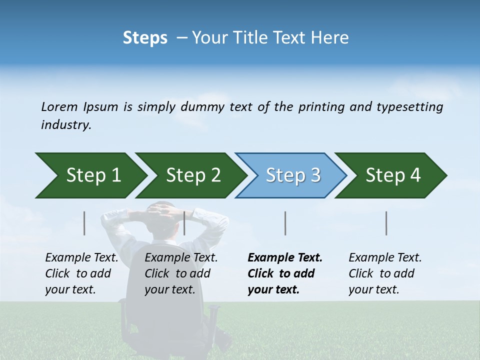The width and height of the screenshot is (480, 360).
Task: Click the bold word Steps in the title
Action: click(145, 38)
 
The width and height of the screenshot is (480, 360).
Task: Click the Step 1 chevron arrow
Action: click(90, 175)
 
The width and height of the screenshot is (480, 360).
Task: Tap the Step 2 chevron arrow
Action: click(190, 175)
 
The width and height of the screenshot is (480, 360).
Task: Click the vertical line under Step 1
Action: click(84, 223)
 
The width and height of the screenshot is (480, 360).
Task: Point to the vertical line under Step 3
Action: click(285, 223)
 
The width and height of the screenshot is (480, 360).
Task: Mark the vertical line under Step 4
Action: click(386, 223)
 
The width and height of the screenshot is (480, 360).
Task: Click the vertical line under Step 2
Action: click(184, 223)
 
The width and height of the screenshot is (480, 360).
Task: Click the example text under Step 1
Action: click(81, 273)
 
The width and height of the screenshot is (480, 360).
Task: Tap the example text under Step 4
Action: click(384, 273)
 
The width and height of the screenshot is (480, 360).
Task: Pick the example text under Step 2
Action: click(180, 273)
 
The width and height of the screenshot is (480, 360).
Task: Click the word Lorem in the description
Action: click(59, 107)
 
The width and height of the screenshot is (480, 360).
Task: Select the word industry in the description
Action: click(65, 125)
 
